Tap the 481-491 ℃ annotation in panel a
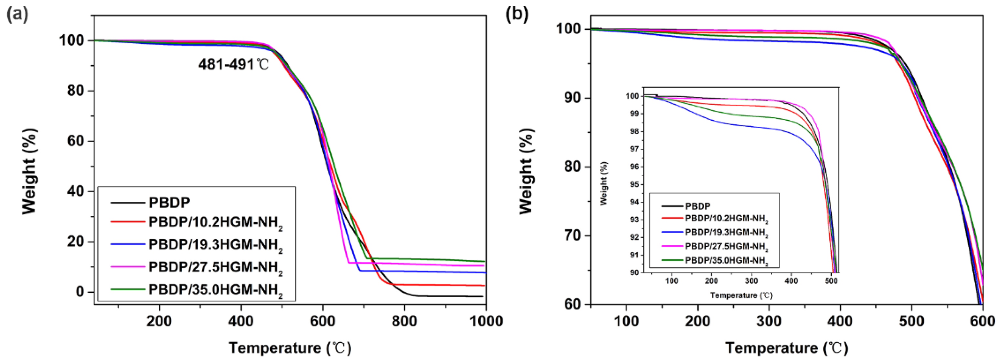pyautogui.click(x=233, y=64)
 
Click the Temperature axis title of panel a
pyautogui.click(x=290, y=348)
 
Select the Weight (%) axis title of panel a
pyautogui.click(x=29, y=171)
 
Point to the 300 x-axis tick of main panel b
pyautogui.click(x=769, y=321)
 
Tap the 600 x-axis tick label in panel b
pyautogui.click(x=982, y=321)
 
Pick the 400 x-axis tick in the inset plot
pyautogui.click(x=791, y=280)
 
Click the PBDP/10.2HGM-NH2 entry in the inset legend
pyautogui.click(x=726, y=219)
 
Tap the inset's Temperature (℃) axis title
pyautogui.click(x=741, y=295)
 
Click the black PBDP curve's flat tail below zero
pyautogui.click(x=446, y=296)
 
